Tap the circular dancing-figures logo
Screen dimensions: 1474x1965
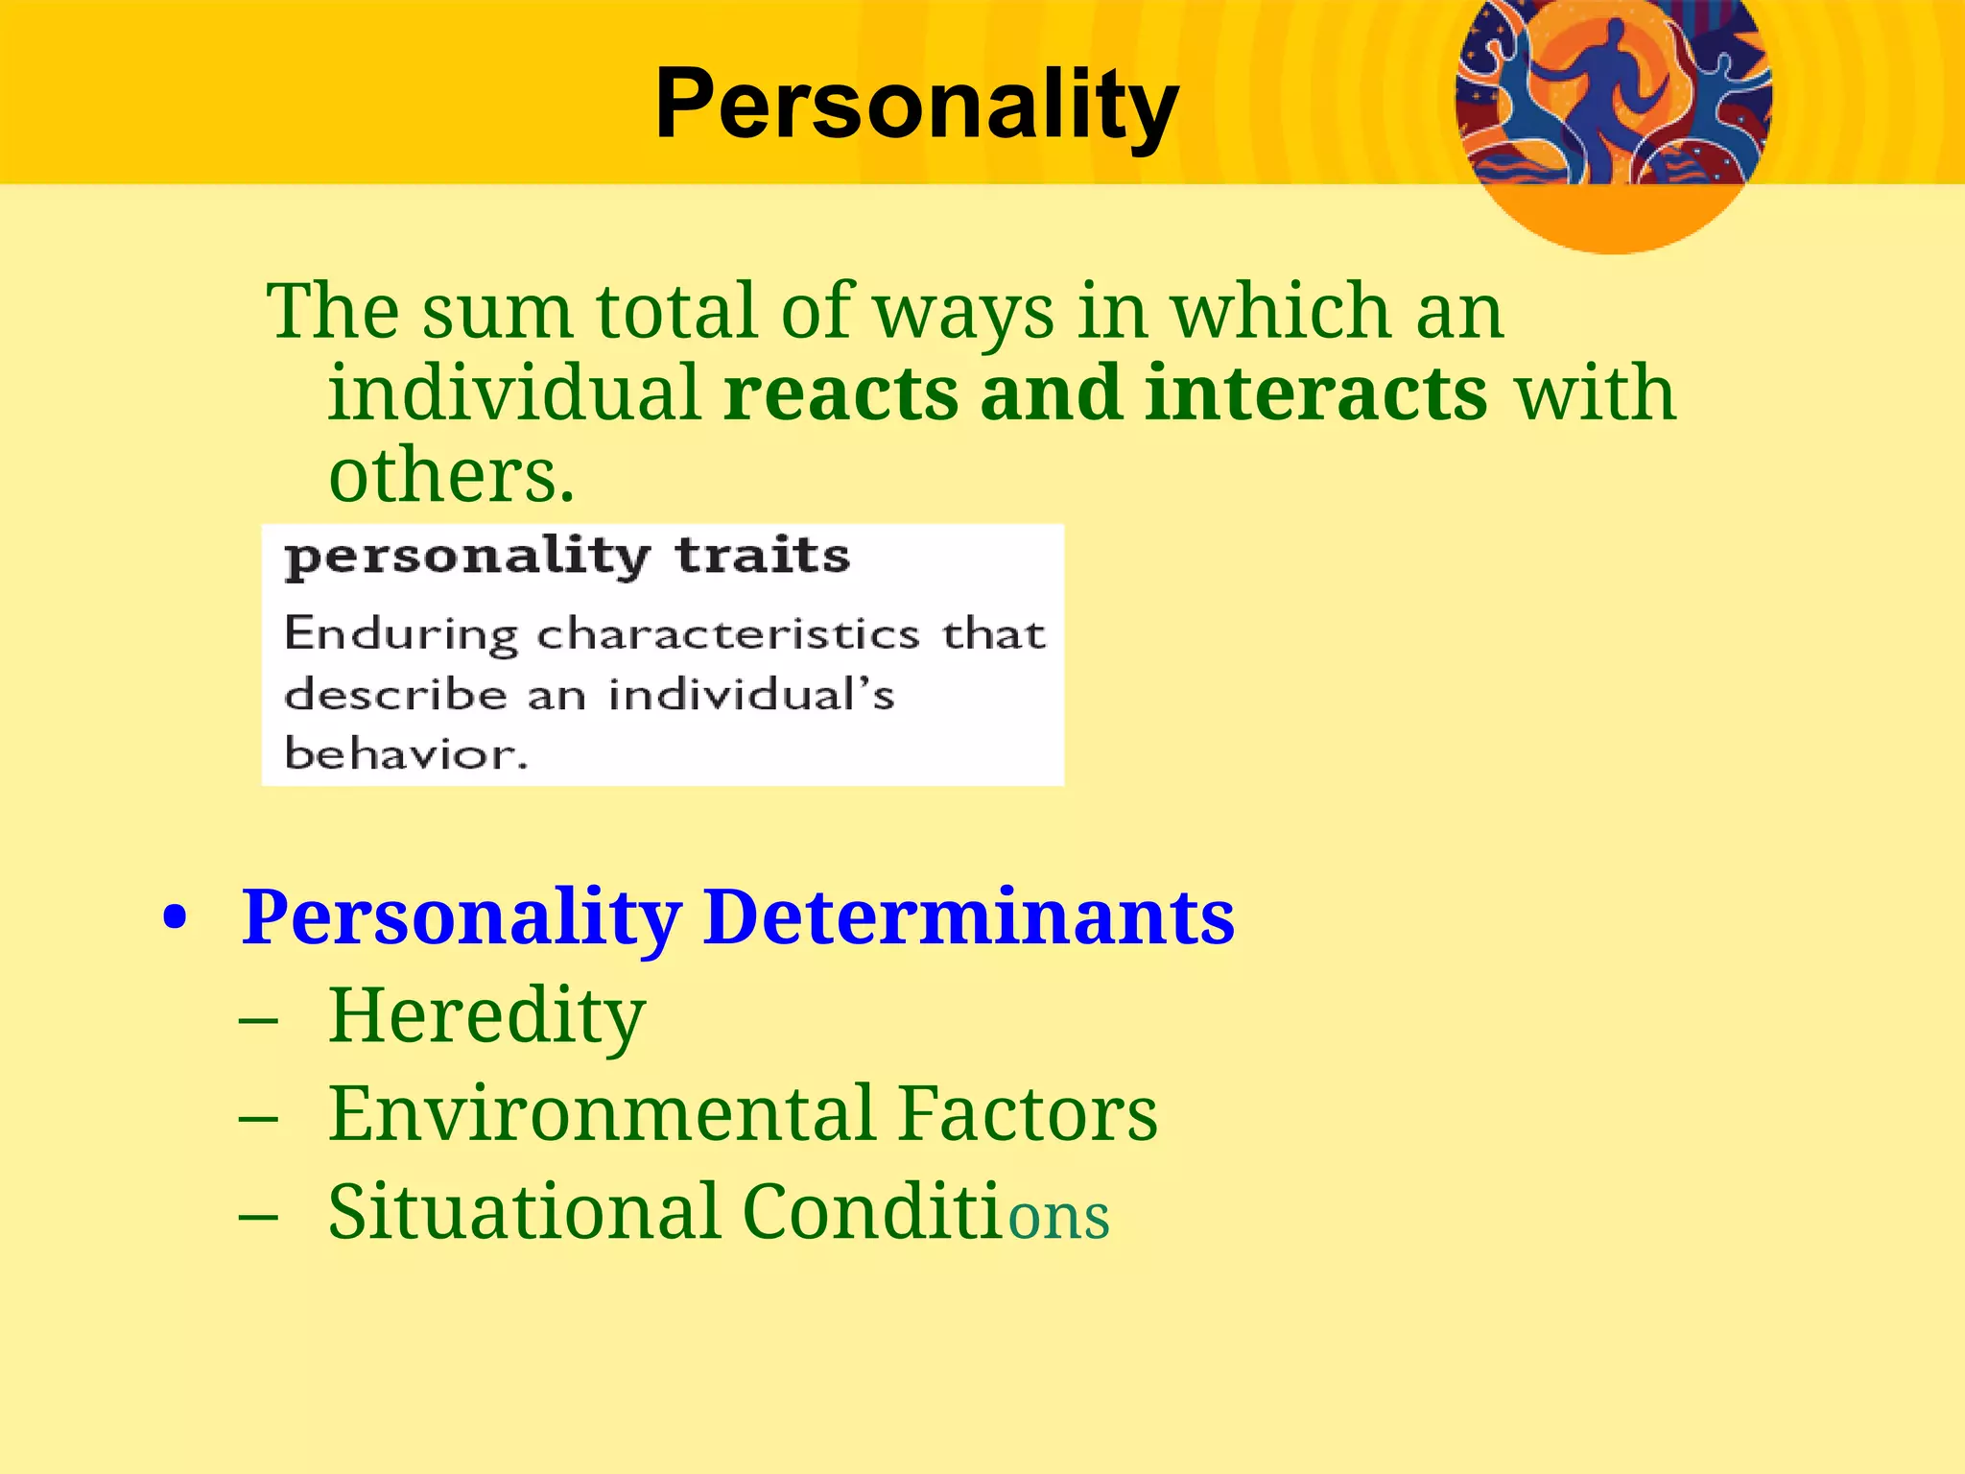coord(1613,106)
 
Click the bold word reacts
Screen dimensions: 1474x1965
coord(840,393)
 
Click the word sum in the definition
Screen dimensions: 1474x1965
coord(496,312)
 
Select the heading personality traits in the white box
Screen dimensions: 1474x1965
coord(567,557)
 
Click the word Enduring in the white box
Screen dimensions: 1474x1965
coord(400,634)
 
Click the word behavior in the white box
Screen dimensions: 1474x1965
coord(406,753)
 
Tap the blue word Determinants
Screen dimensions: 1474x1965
coord(969,917)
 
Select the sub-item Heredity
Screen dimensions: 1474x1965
coord(486,1016)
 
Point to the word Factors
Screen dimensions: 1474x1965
coord(1029,1114)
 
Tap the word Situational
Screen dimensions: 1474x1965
coord(524,1212)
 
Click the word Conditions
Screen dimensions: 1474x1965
coord(926,1212)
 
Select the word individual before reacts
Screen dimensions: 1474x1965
coord(514,393)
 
